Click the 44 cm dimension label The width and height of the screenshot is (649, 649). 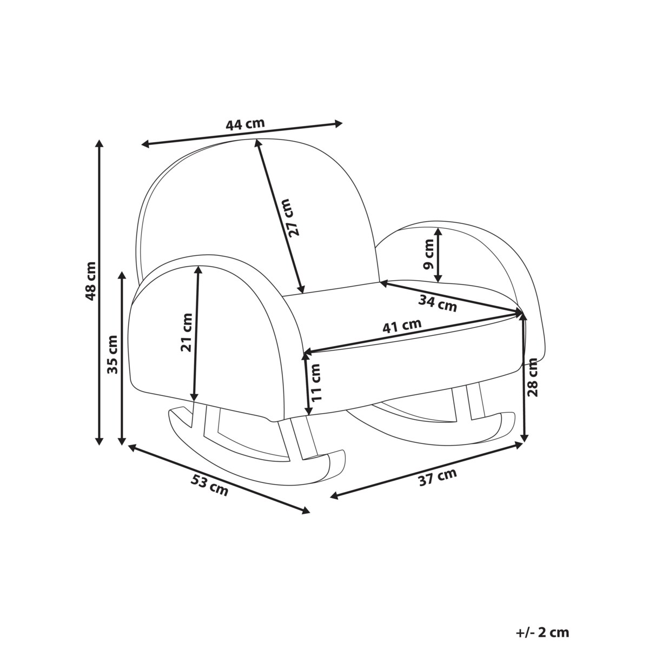pyautogui.click(x=245, y=124)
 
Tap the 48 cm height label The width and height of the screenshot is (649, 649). pyautogui.click(x=90, y=281)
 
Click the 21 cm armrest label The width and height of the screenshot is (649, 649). pyautogui.click(x=187, y=332)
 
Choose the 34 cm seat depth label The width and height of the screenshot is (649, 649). pyautogui.click(x=438, y=303)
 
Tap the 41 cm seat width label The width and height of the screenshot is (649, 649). pyautogui.click(x=401, y=327)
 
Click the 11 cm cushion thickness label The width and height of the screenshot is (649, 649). pyautogui.click(x=315, y=382)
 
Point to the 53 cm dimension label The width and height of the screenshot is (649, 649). pyautogui.click(x=209, y=485)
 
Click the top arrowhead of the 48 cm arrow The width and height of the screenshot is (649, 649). pyautogui.click(x=99, y=143)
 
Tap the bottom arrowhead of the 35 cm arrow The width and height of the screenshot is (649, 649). pyautogui.click(x=122, y=441)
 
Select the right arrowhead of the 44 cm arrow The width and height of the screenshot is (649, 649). pyautogui.click(x=339, y=123)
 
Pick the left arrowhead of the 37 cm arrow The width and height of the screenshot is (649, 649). pyautogui.click(x=334, y=496)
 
